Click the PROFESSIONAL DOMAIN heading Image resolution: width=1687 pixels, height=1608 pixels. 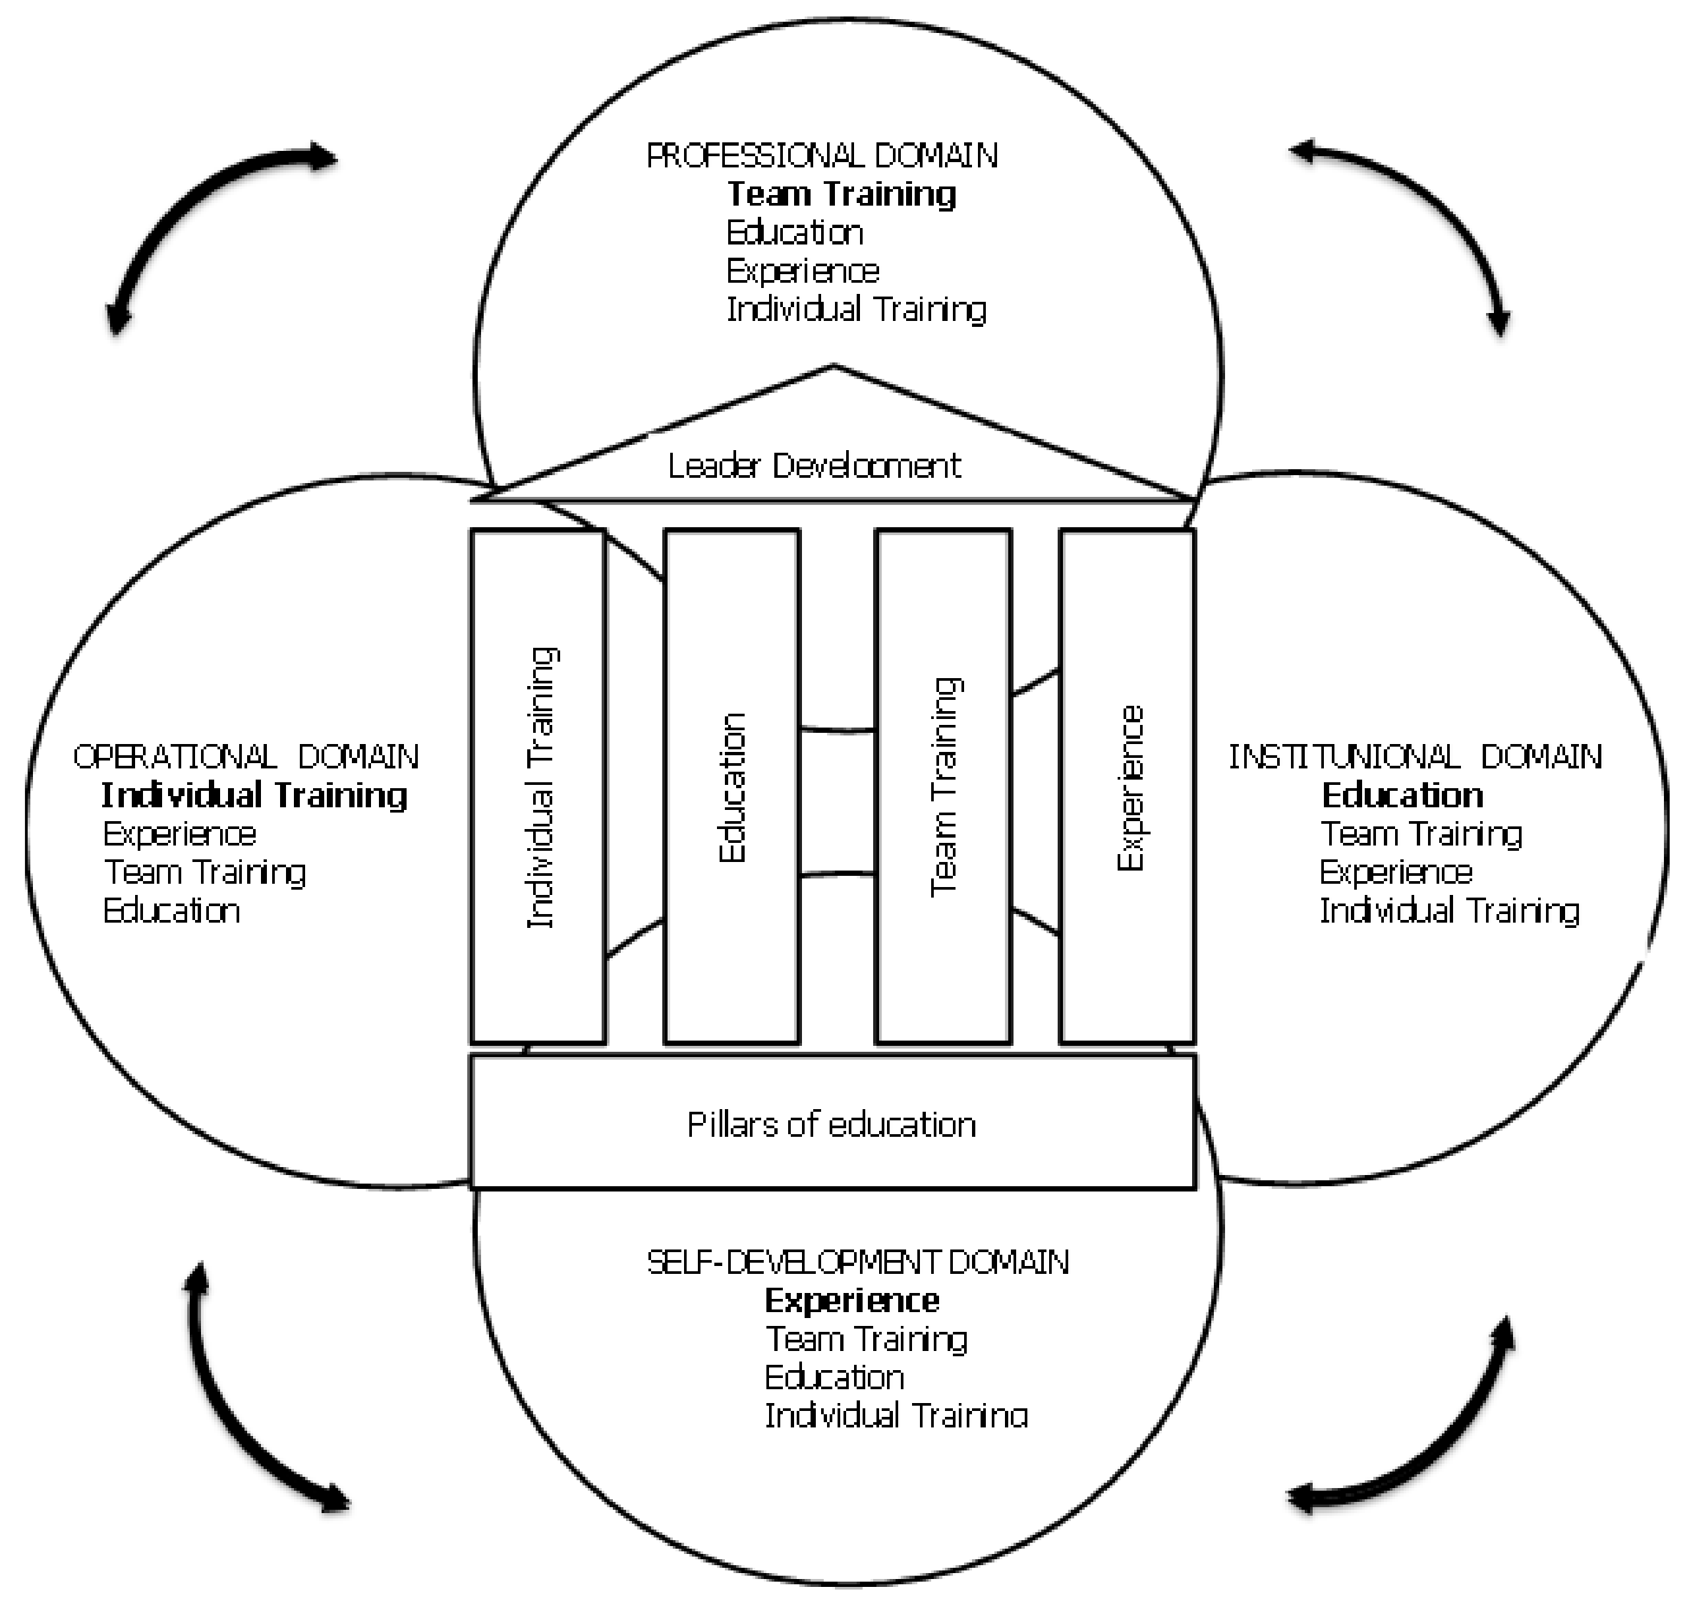coord(821,155)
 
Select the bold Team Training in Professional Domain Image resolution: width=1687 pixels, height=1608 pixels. coord(841,194)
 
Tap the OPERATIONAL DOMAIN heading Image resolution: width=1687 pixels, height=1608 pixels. coord(245,756)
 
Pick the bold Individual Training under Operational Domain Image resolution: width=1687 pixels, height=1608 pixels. coord(254,795)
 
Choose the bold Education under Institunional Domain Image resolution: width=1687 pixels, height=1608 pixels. coord(1402,795)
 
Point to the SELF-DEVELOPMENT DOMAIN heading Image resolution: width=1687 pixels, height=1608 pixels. coord(857,1262)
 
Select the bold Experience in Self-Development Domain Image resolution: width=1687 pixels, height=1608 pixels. coord(851,1300)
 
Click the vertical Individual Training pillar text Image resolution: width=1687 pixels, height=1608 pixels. coord(541,787)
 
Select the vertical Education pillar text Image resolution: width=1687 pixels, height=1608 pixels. coord(732,787)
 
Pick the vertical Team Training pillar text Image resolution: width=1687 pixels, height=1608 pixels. coord(944,787)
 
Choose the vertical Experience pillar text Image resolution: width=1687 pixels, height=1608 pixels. coord(1129,787)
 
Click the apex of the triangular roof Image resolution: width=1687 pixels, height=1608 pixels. coord(833,368)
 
